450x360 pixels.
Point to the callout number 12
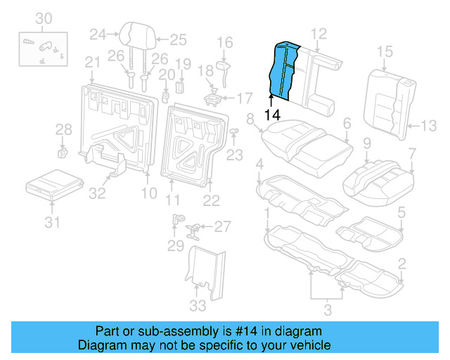[x=319, y=33]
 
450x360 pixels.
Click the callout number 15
[x=384, y=51]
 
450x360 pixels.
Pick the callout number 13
[x=427, y=126]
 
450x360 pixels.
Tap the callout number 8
[x=250, y=120]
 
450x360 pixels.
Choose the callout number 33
[x=199, y=305]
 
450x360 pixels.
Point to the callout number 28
[x=64, y=129]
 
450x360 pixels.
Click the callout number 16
[x=224, y=44]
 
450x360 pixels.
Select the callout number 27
[x=222, y=226]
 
